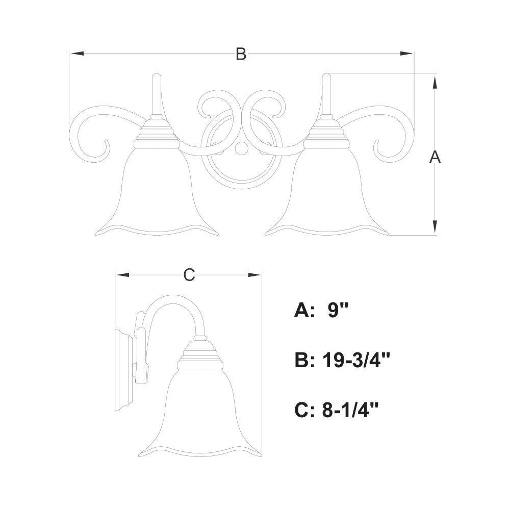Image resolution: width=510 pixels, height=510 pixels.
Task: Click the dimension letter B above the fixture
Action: (241, 54)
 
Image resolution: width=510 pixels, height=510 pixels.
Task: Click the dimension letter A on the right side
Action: (435, 157)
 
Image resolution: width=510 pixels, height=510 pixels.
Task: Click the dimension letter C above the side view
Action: (189, 275)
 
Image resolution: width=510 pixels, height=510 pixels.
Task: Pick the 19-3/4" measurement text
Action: (356, 361)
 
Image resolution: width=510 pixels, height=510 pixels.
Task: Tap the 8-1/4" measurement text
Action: (351, 410)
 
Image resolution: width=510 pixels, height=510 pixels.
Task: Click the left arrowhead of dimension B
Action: (77, 54)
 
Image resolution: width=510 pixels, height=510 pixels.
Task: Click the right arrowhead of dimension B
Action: (406, 54)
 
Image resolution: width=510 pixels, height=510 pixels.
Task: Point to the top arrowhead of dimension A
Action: (435, 81)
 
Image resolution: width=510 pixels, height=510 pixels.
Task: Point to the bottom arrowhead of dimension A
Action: (435, 227)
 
